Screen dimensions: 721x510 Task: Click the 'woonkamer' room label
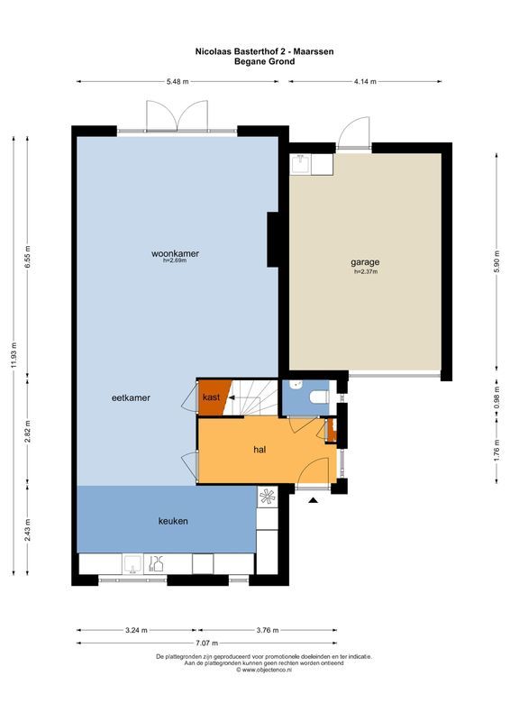click(x=175, y=253)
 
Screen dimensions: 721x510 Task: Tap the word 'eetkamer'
click(x=131, y=397)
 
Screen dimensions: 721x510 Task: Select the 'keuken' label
click(x=173, y=521)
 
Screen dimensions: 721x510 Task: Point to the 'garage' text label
click(x=365, y=262)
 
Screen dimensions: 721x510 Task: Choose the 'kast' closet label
click(x=211, y=397)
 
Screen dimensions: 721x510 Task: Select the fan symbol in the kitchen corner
click(x=268, y=495)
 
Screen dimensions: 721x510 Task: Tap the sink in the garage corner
click(x=301, y=163)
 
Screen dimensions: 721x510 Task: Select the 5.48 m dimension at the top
click(x=178, y=81)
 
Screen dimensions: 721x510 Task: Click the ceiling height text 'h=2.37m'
click(x=365, y=271)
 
